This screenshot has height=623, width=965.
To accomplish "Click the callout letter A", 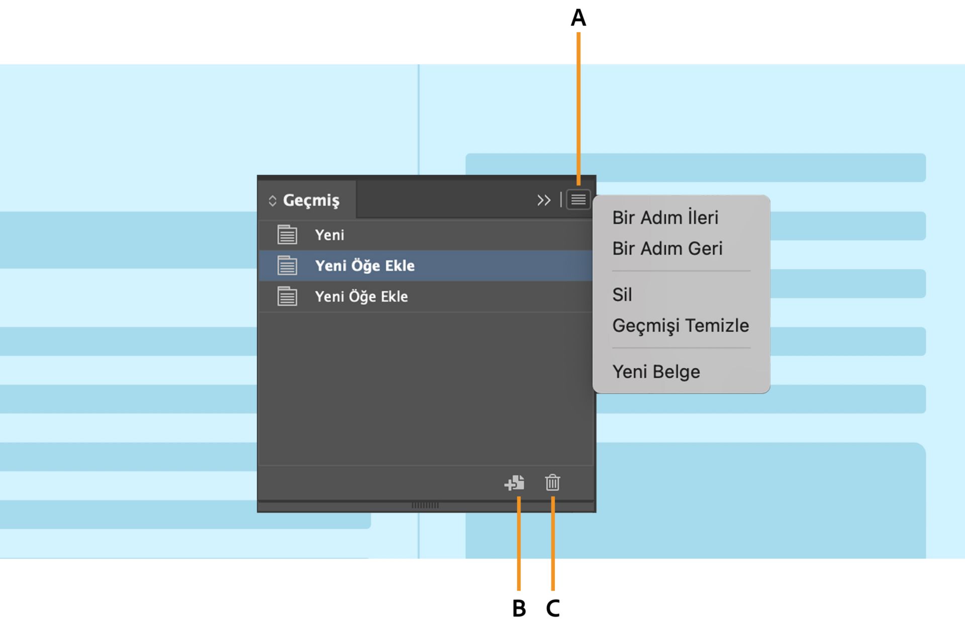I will (578, 18).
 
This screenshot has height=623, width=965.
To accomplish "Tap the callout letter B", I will (519, 608).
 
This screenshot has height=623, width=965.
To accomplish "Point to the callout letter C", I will (553, 608).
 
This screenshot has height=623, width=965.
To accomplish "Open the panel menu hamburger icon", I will (578, 200).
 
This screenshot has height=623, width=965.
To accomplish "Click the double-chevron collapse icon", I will (544, 200).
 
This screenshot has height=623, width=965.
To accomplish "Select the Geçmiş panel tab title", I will (311, 200).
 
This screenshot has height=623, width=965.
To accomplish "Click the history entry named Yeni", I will (330, 235).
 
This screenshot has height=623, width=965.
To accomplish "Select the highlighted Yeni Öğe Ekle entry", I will (365, 265).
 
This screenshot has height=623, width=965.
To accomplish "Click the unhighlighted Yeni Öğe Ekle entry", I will (361, 296).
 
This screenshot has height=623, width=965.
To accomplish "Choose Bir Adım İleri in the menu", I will (665, 218).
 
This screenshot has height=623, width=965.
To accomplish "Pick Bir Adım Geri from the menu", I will (667, 248).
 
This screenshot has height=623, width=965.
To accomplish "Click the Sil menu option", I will (622, 294).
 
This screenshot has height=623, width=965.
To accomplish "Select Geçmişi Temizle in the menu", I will (681, 326).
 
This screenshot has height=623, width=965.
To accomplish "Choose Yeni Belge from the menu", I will (656, 372).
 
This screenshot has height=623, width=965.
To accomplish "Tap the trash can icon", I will (552, 483).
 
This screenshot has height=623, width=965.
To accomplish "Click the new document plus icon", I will (514, 483).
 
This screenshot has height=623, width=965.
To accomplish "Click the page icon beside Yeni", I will (287, 235).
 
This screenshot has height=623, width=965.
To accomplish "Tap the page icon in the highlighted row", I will (287, 265).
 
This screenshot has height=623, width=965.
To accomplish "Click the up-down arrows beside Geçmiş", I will (272, 200).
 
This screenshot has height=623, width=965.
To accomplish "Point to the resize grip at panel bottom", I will (425, 505).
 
